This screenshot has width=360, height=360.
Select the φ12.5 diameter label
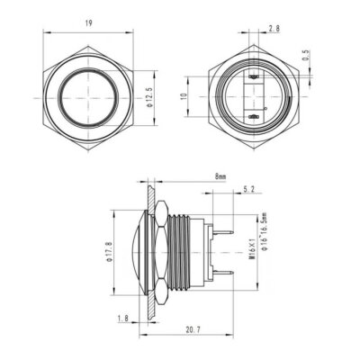pyautogui.click(x=148, y=94)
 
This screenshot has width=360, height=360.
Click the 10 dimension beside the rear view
pyautogui.click(x=184, y=94)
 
